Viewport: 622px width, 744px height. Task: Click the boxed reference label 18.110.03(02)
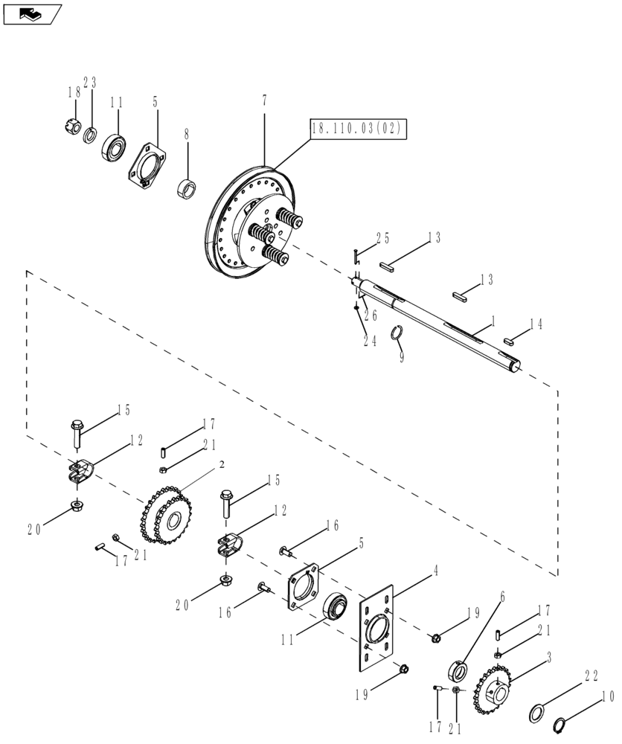coord(356,129)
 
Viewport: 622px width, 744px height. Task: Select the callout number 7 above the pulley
coord(264,100)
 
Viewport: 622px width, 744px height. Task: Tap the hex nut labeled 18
coord(73,127)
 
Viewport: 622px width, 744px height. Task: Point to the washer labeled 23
coord(89,135)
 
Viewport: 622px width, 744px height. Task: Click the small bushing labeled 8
coord(187,189)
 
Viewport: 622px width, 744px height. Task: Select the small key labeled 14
coord(510,341)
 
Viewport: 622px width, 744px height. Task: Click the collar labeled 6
coord(456,673)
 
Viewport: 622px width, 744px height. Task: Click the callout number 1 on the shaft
coord(492,322)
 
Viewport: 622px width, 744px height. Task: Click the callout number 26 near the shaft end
coord(370,315)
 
